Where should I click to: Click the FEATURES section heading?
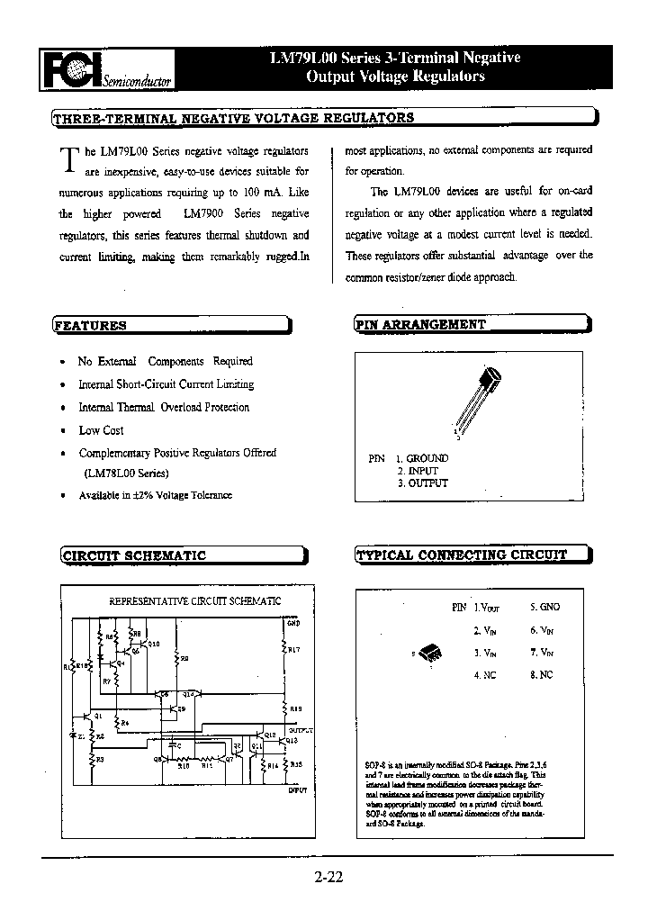point(90,326)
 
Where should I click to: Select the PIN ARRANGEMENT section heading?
point(421,325)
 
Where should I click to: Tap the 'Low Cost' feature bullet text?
point(101,430)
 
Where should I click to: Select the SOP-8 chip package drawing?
point(431,654)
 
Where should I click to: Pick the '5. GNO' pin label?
point(544,608)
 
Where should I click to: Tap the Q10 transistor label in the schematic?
point(154,644)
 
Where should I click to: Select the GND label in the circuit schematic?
point(293,622)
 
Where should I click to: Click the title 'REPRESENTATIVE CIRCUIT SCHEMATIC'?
point(194,600)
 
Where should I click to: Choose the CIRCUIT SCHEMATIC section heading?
point(134,555)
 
